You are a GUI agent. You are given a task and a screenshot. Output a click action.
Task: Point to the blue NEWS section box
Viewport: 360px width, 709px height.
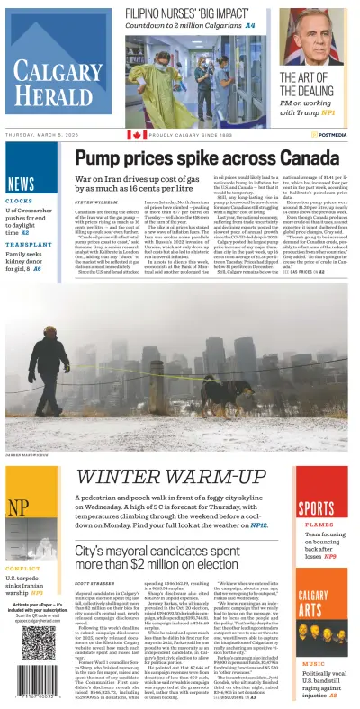click(20, 184)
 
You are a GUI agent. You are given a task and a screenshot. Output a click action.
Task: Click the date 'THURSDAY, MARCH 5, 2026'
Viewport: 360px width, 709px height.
click(50, 135)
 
